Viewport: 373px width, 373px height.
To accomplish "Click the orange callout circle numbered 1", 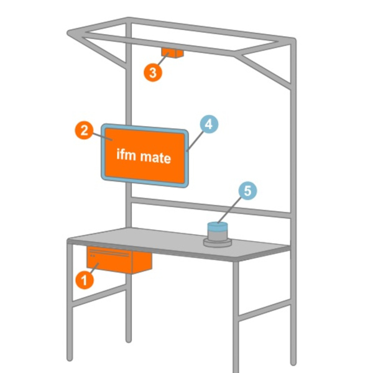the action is [x=85, y=280].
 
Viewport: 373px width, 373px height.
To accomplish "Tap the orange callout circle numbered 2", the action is [x=84, y=131].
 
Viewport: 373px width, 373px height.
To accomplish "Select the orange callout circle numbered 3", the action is [x=153, y=72].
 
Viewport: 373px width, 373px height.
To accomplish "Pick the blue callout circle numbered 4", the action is [x=209, y=124].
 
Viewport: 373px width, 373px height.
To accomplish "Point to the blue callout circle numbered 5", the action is [x=247, y=191].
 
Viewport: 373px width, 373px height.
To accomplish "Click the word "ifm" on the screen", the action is [x=126, y=155].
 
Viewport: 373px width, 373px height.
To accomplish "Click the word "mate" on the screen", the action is [x=155, y=157].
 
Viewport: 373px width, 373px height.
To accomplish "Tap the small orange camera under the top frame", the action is [x=172, y=53].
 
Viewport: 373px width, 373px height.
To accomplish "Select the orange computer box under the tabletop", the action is [x=119, y=260].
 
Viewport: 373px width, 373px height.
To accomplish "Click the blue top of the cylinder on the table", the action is [x=218, y=227].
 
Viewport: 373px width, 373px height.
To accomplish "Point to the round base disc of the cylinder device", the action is [x=218, y=242].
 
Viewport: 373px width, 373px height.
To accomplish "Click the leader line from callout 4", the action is [x=195, y=141].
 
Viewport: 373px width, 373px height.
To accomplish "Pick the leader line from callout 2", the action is [x=103, y=137].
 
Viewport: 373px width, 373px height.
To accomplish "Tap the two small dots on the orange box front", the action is [x=93, y=256].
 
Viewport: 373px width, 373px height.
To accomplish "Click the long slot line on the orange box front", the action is [x=109, y=252].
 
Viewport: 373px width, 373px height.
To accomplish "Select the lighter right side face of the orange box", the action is [x=142, y=263].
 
